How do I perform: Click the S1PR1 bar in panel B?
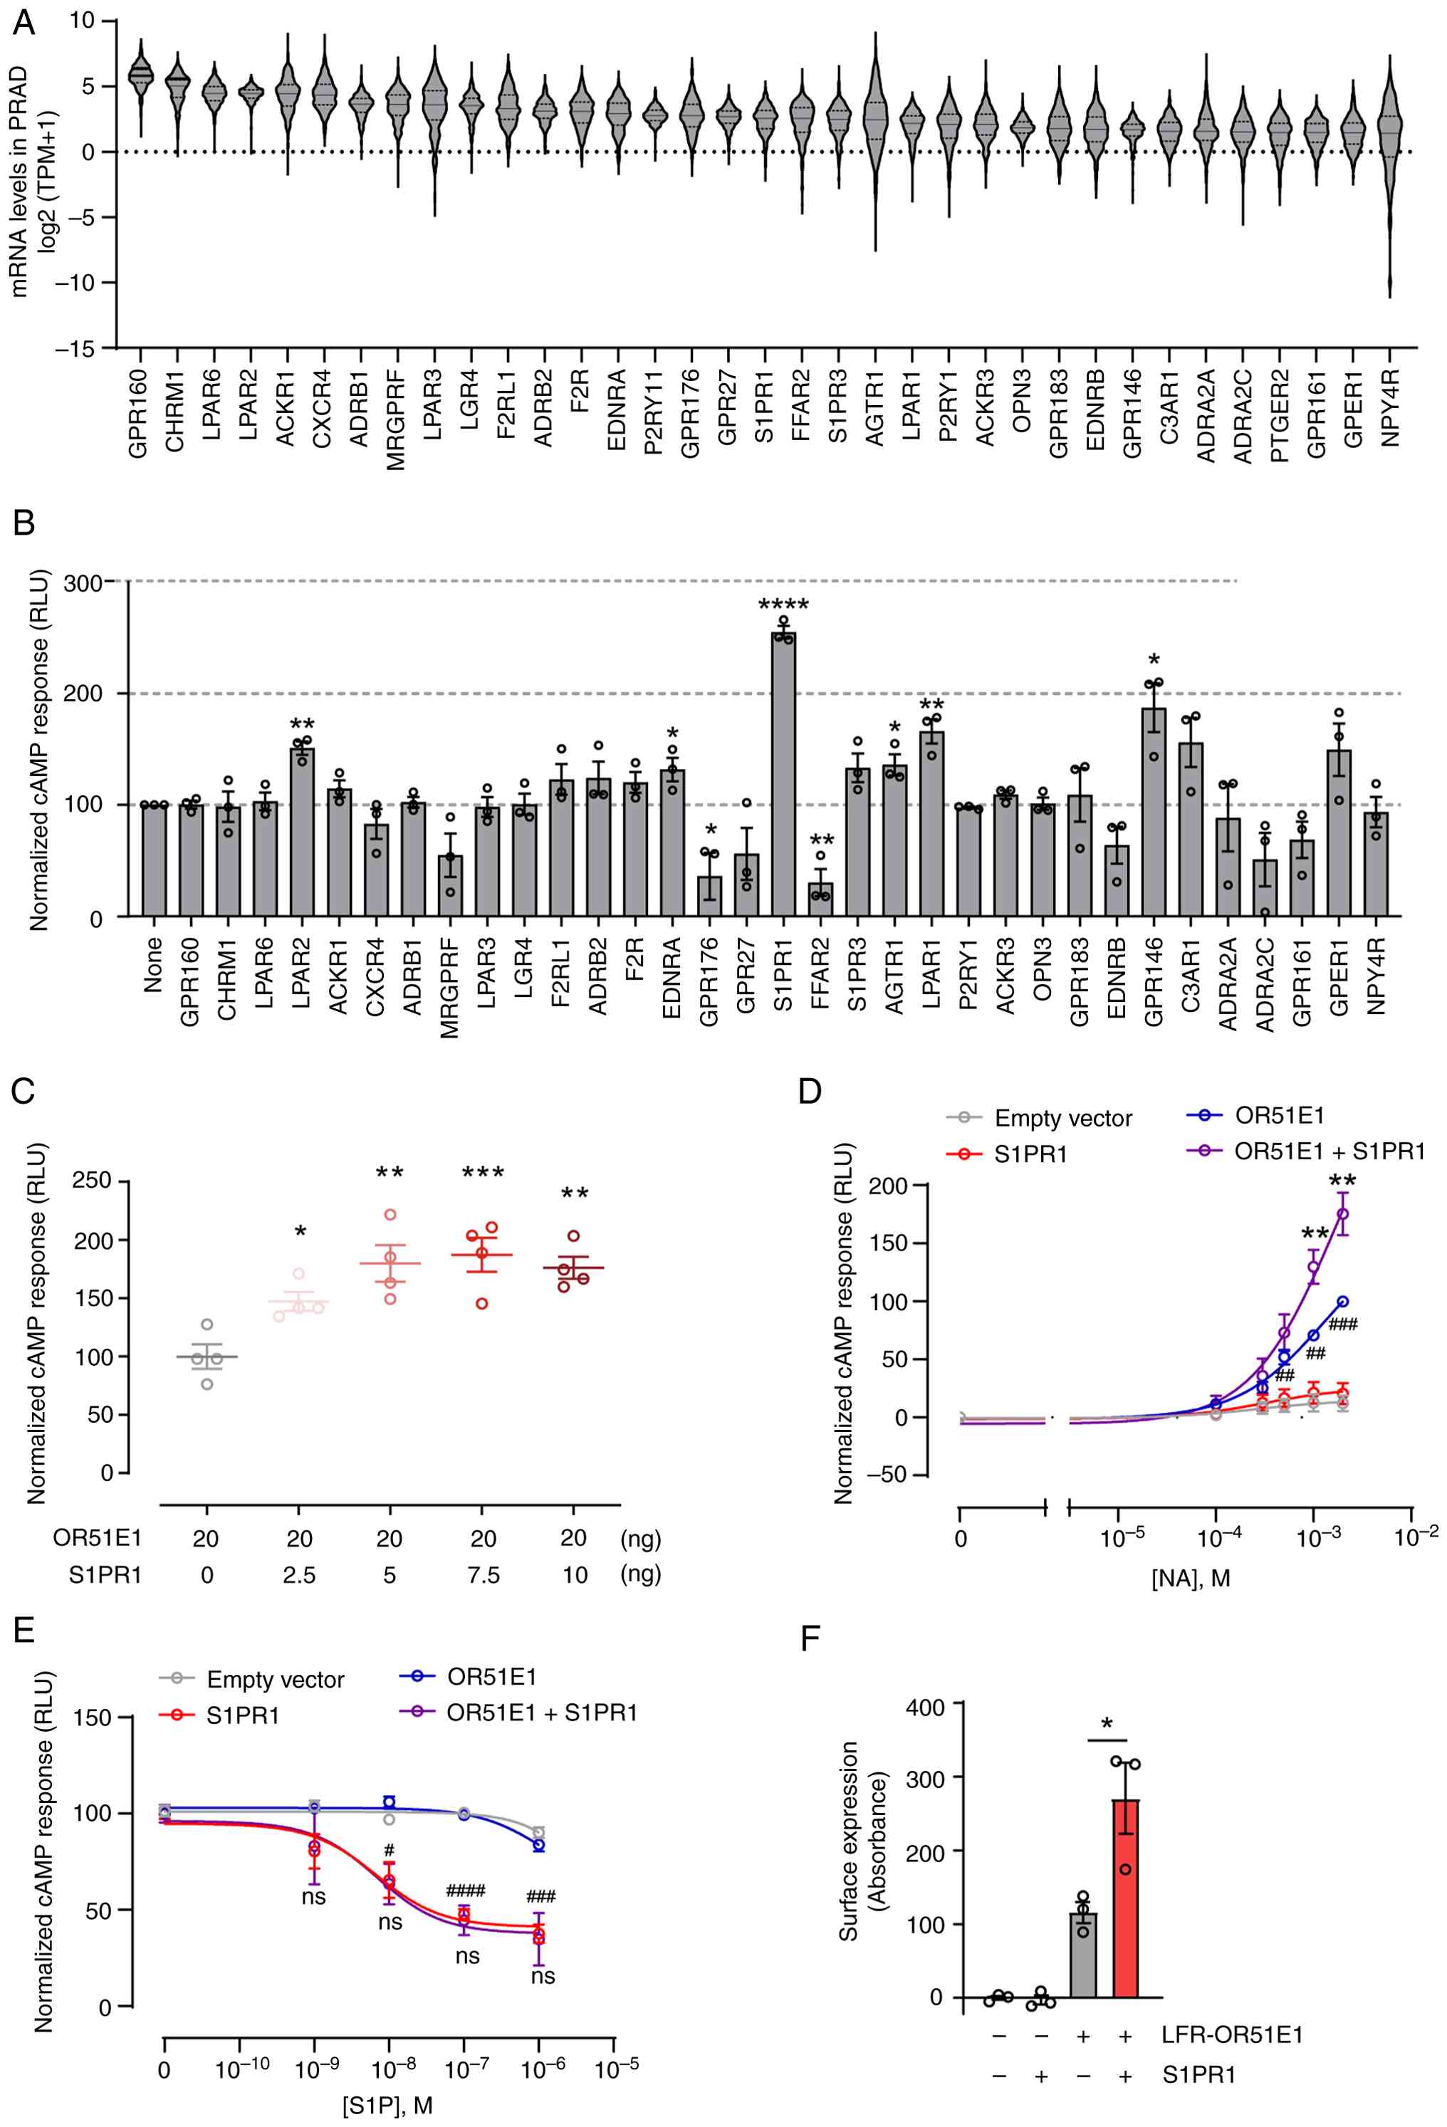pyautogui.click(x=783, y=774)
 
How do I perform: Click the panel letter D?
pyautogui.click(x=809, y=1092)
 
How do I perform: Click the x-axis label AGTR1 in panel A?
pyautogui.click(x=876, y=409)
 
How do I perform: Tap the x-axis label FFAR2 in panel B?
pyautogui.click(x=820, y=976)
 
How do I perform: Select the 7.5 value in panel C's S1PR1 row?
pyautogui.click(x=482, y=1575)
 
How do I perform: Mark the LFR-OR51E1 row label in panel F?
pyautogui.click(x=1231, y=2035)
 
